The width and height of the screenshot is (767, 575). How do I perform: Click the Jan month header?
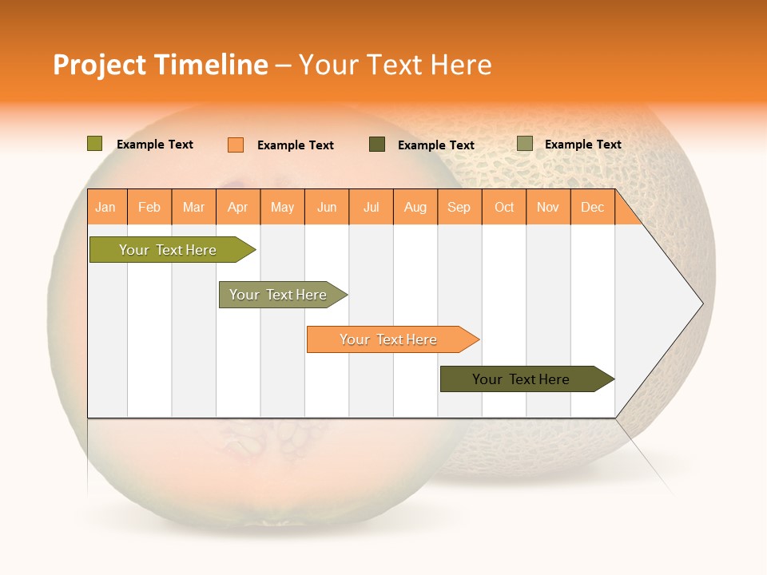[105, 208]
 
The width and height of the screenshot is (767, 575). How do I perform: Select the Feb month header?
[149, 208]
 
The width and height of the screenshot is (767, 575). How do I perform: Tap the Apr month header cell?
[238, 208]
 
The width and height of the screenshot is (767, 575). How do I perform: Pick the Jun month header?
[327, 208]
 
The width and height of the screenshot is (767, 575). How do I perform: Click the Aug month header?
[415, 208]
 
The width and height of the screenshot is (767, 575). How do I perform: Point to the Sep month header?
[459, 208]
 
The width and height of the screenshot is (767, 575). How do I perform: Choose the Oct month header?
[504, 208]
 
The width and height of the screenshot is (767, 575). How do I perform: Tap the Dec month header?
[593, 208]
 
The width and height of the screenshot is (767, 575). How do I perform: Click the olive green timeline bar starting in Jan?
[168, 250]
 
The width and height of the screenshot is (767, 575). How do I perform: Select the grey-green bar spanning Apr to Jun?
[278, 295]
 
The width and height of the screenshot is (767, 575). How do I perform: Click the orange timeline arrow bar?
[388, 339]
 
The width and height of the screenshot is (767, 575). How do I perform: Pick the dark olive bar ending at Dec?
[521, 379]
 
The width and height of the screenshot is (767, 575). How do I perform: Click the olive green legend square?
[95, 144]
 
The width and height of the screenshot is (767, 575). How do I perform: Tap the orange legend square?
[236, 145]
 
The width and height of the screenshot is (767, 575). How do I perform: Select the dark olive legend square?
[377, 145]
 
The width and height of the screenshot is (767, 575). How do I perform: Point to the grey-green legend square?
[525, 144]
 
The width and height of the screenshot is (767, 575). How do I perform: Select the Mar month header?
[193, 208]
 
